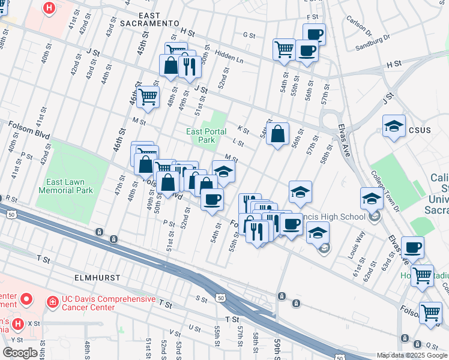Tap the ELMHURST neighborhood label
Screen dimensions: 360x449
(x=94, y=278)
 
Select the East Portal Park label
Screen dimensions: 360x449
(x=206, y=136)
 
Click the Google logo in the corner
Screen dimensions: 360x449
(x=20, y=352)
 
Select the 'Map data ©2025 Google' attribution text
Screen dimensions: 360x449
(x=411, y=355)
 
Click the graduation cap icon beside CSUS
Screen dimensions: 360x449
(x=393, y=126)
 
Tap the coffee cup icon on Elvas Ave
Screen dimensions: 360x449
(x=412, y=247)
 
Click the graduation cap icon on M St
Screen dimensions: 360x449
(x=223, y=172)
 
